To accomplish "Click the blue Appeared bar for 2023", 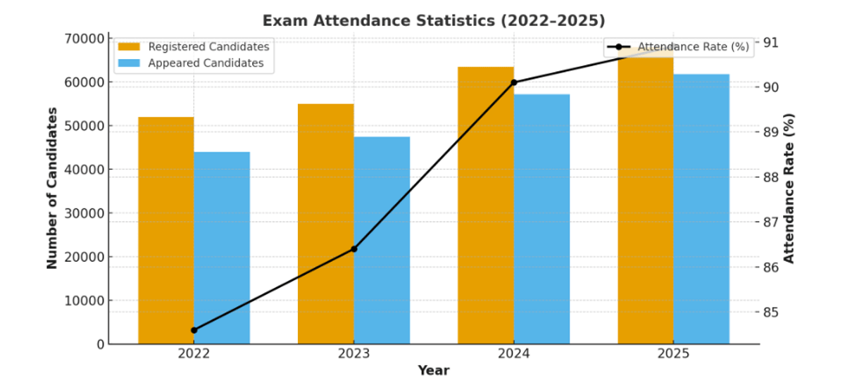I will tap(382, 240).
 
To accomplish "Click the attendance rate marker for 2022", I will tap(194, 330).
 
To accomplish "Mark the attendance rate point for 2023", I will tap(354, 249).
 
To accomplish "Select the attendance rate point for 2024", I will tap(514, 82).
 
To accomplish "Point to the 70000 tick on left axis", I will tap(84, 38).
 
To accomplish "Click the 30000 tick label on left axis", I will tap(84, 213).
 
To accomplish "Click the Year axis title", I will tap(433, 370).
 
